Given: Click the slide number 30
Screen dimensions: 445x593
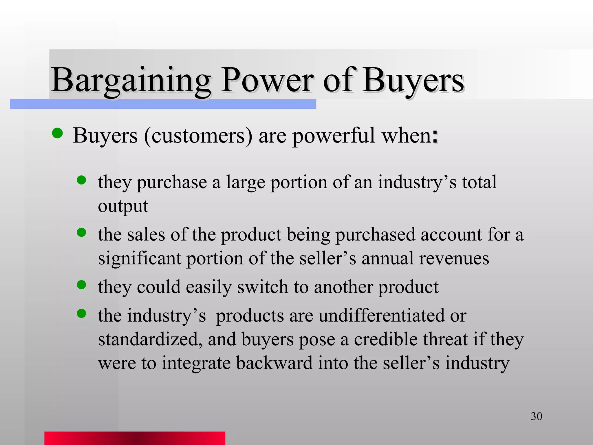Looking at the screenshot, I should tap(536, 416).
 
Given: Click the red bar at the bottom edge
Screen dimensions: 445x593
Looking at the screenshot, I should tap(135, 438).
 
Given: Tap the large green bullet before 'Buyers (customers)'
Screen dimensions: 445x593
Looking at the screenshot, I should tap(58, 133).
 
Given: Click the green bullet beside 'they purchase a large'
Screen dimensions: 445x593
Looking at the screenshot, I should tap(82, 180).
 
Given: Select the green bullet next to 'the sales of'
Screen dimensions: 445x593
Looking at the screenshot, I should tap(82, 232).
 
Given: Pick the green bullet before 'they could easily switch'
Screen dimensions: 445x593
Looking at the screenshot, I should tap(82, 285).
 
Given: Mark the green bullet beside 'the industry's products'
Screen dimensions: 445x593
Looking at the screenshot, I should tap(82, 313).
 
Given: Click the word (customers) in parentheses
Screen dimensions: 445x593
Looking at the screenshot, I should tap(198, 136).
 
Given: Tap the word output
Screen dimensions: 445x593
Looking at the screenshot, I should tap(123, 206).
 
